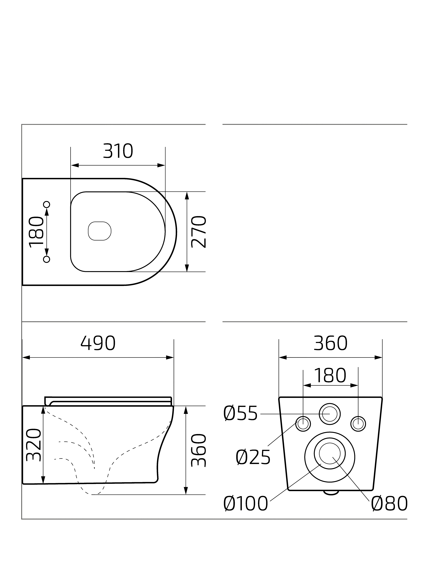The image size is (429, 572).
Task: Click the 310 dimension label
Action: (118, 151)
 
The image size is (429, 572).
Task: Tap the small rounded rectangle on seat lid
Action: (100, 231)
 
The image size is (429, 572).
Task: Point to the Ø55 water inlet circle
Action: (330, 414)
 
